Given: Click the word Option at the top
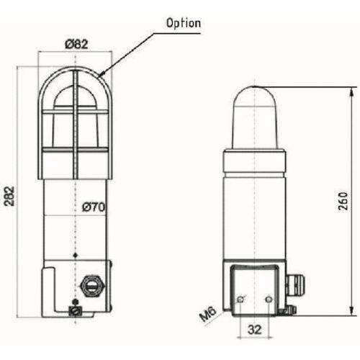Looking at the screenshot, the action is click(184, 23).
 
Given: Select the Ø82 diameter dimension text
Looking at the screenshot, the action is click(76, 44).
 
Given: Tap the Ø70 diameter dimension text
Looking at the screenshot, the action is click(94, 207).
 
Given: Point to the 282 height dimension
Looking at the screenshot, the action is click(9, 197).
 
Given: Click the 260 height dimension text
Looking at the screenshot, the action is click(343, 201).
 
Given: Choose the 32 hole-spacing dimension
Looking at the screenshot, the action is click(255, 330).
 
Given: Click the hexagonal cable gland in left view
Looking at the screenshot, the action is click(92, 287).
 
